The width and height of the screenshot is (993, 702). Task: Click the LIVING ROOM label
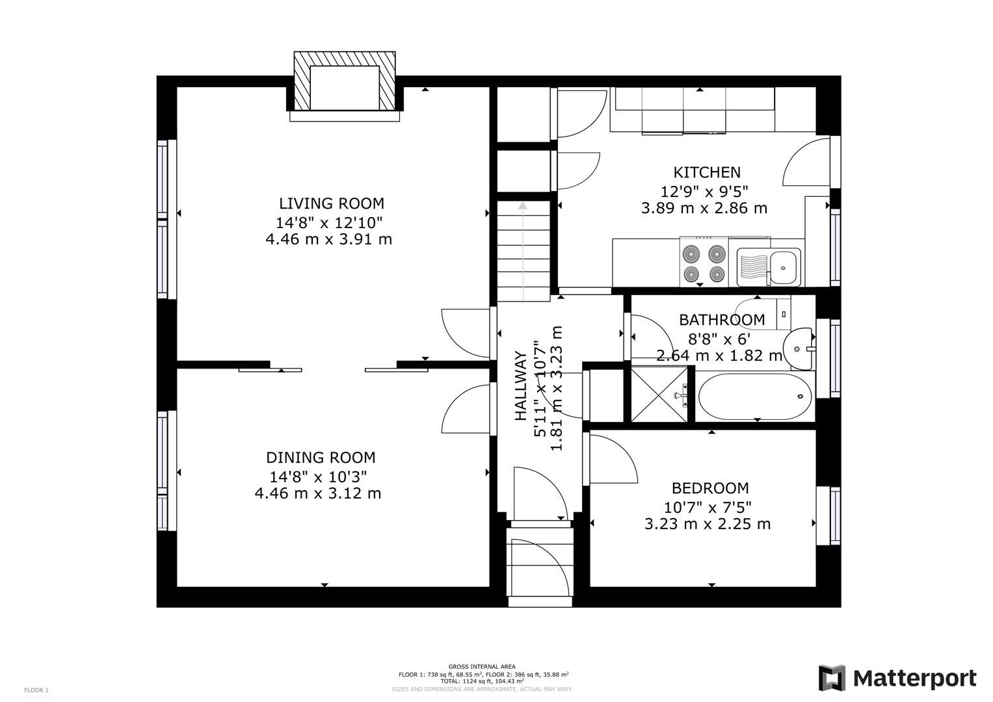pyautogui.click(x=331, y=203)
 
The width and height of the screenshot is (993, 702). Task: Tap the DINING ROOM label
pyautogui.click(x=321, y=458)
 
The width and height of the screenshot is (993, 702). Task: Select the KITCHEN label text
pyautogui.click(x=706, y=172)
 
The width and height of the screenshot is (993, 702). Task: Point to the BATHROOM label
pyautogui.click(x=722, y=320)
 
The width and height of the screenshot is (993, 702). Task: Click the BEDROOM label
pyautogui.click(x=709, y=488)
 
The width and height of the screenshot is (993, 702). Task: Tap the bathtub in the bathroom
pyautogui.click(x=755, y=396)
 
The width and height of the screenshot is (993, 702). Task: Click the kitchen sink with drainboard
pyautogui.click(x=769, y=267)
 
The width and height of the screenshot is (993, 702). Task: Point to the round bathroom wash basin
pyautogui.click(x=799, y=348)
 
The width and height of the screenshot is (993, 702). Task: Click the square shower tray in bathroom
pyautogui.click(x=659, y=394)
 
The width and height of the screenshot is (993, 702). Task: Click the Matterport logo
pyautogui.click(x=897, y=679)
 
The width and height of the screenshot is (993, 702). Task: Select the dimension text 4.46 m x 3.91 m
pyautogui.click(x=328, y=239)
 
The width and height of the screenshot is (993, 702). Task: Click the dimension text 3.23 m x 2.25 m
pyautogui.click(x=708, y=524)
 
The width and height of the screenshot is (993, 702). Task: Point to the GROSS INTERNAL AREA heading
pyautogui.click(x=482, y=666)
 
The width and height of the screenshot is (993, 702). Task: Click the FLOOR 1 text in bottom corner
pyautogui.click(x=36, y=690)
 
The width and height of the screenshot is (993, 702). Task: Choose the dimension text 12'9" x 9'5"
pyautogui.click(x=705, y=192)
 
